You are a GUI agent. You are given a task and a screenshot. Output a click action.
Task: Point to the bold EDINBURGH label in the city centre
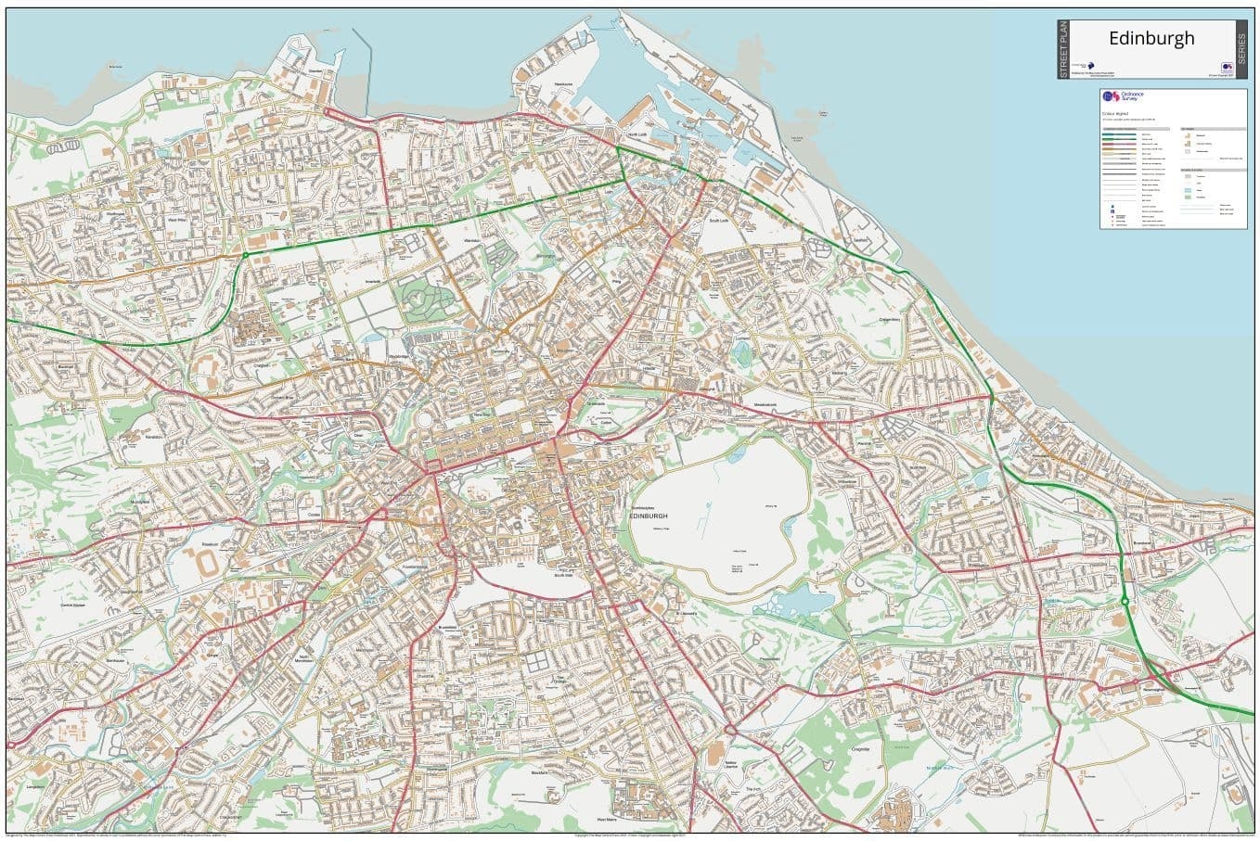[648, 516]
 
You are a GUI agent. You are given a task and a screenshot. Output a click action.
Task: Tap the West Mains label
[607, 821]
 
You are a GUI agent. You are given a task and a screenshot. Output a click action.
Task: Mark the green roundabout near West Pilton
[245, 255]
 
